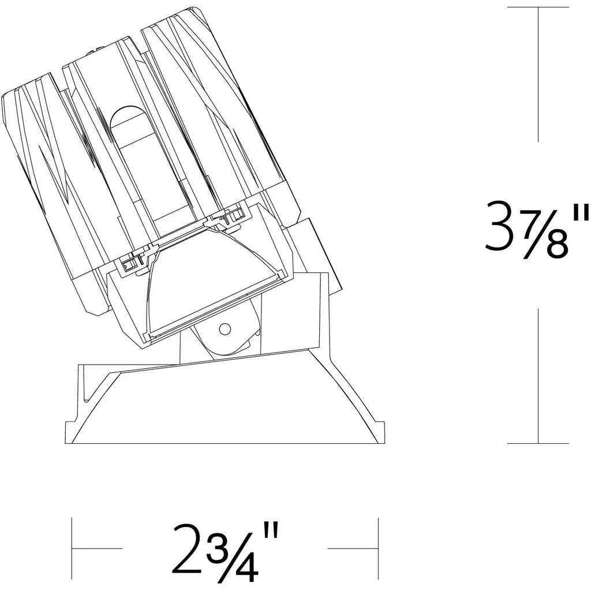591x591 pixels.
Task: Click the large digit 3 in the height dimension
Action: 500,226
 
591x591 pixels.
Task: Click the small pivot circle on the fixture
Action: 225,329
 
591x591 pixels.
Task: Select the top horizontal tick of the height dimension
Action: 538,7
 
